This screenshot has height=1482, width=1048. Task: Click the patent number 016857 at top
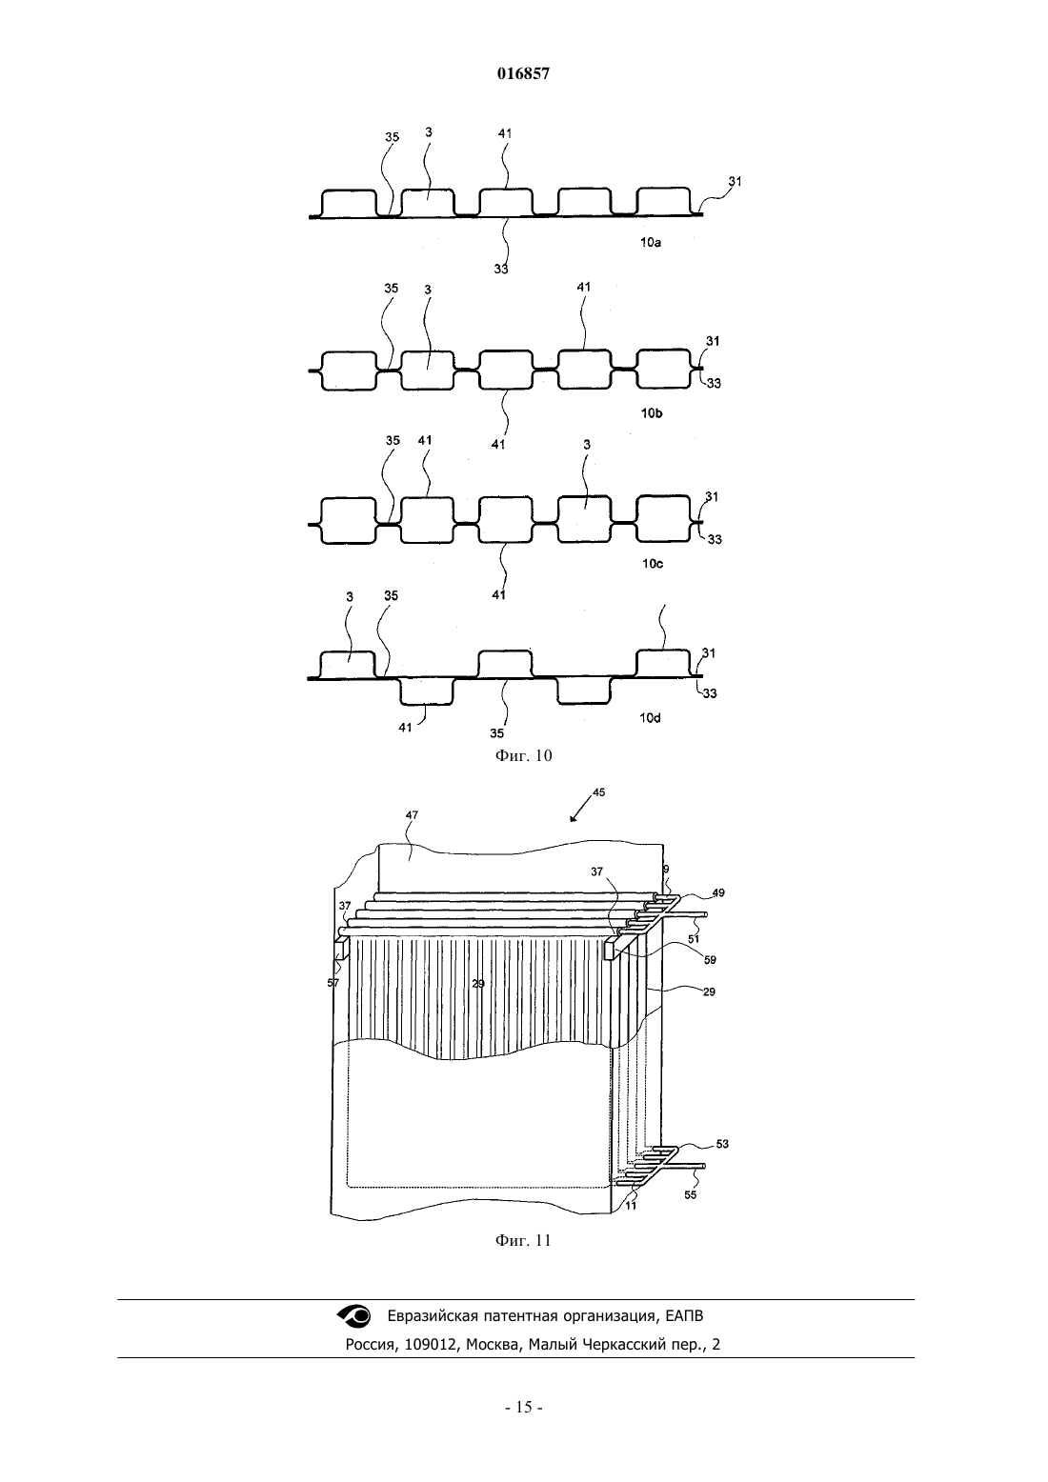point(523,74)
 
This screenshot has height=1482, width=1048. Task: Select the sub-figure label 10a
point(651,243)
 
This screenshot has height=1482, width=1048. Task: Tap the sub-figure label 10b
point(652,413)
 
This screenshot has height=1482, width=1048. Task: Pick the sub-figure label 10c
point(653,564)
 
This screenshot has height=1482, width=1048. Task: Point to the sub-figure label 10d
point(650,718)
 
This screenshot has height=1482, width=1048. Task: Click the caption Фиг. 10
point(523,755)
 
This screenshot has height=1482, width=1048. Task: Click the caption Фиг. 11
point(523,1240)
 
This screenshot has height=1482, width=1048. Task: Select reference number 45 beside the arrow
point(598,791)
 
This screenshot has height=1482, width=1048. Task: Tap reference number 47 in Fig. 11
point(412,815)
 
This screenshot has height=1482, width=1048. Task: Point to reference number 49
point(717,892)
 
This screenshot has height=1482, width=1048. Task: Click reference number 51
point(694,939)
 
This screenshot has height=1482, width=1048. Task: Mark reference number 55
point(690,1195)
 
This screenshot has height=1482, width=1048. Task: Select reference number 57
point(333,983)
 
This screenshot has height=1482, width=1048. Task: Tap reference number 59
point(709,959)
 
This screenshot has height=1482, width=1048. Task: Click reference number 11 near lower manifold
point(631,1206)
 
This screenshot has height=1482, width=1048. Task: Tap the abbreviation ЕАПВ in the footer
point(685,1330)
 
